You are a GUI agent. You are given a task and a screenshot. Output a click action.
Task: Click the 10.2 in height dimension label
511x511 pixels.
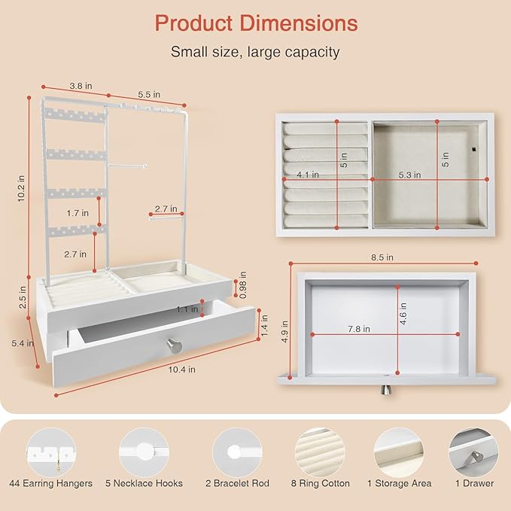pyautogui.click(x=22, y=188)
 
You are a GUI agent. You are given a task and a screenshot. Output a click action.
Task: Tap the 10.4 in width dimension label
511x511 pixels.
pyautogui.click(x=182, y=370)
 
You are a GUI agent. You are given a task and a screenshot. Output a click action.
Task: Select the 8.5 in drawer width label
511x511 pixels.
pyautogui.click(x=382, y=257)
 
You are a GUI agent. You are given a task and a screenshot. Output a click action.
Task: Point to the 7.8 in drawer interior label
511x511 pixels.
pyautogui.click(x=358, y=329)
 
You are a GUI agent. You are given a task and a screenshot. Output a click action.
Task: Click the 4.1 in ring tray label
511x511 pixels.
pyautogui.click(x=308, y=175)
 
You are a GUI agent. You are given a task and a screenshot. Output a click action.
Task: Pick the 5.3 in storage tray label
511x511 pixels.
pyautogui.click(x=409, y=175)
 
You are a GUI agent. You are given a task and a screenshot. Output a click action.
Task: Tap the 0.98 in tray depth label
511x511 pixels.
pyautogui.click(x=243, y=284)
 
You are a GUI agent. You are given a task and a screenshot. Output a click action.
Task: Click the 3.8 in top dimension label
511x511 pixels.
pyautogui.click(x=81, y=86)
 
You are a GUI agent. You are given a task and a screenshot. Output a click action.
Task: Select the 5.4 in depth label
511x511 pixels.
pyautogui.click(x=23, y=343)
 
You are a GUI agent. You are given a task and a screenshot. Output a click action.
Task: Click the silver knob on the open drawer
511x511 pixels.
pyautogui.click(x=174, y=345)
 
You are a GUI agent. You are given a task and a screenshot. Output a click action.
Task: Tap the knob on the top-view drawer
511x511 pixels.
pyautogui.click(x=386, y=389)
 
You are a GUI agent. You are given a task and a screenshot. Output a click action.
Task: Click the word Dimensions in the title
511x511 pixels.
pyautogui.click(x=299, y=23)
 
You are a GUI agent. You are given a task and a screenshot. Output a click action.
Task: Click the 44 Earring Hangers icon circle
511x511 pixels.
pyautogui.click(x=51, y=452)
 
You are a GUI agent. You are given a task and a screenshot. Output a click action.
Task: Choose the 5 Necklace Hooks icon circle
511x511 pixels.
pyautogui.click(x=144, y=452)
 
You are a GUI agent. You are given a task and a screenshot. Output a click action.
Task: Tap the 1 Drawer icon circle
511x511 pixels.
pyautogui.click(x=474, y=452)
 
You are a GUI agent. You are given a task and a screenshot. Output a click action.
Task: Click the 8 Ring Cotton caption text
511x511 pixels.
pyautogui.click(x=321, y=483)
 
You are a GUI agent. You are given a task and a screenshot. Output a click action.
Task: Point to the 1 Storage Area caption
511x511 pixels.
pyautogui.click(x=399, y=483)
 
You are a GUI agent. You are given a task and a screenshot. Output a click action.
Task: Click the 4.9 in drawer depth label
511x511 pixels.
pyautogui.click(x=284, y=331)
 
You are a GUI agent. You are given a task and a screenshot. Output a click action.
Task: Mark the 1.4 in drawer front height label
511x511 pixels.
pyautogui.click(x=264, y=325)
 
